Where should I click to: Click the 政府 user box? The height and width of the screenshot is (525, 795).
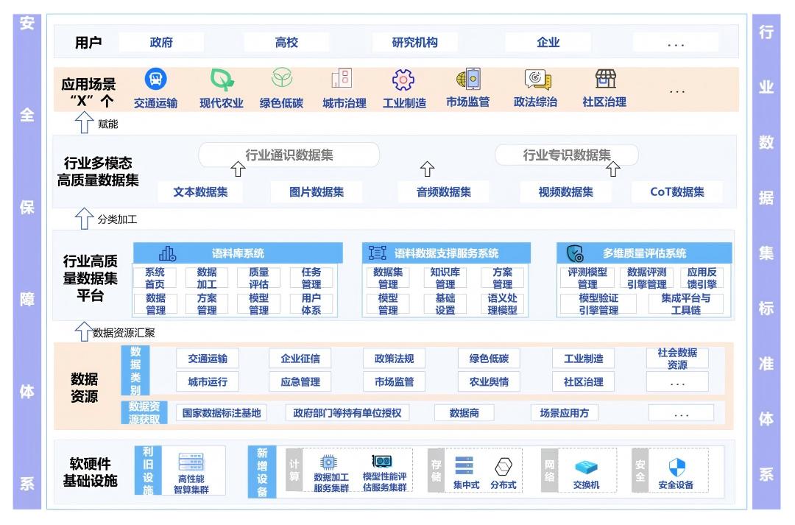tap(161, 43)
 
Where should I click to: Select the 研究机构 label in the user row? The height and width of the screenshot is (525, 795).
tap(414, 43)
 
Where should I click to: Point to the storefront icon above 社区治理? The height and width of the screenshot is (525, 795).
tap(605, 79)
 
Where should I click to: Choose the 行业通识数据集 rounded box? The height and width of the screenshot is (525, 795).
tap(289, 155)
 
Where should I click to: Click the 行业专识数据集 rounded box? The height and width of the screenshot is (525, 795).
tap(566, 155)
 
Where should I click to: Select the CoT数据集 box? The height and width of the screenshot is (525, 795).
tap(676, 192)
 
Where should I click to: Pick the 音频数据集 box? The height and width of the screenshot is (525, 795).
tap(444, 192)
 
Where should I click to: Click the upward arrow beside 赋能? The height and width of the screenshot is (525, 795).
tap(85, 123)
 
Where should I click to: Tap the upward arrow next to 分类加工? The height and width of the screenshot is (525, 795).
tap(85, 218)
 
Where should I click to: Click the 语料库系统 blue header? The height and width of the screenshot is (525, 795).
tap(238, 253)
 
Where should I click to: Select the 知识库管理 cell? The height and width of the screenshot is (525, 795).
tap(445, 278)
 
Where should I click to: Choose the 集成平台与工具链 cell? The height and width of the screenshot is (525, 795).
tap(685, 304)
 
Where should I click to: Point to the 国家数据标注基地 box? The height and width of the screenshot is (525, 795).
tap(222, 413)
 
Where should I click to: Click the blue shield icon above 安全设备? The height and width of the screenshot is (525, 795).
tap(676, 467)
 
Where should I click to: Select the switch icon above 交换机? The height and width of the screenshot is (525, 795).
tap(586, 468)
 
